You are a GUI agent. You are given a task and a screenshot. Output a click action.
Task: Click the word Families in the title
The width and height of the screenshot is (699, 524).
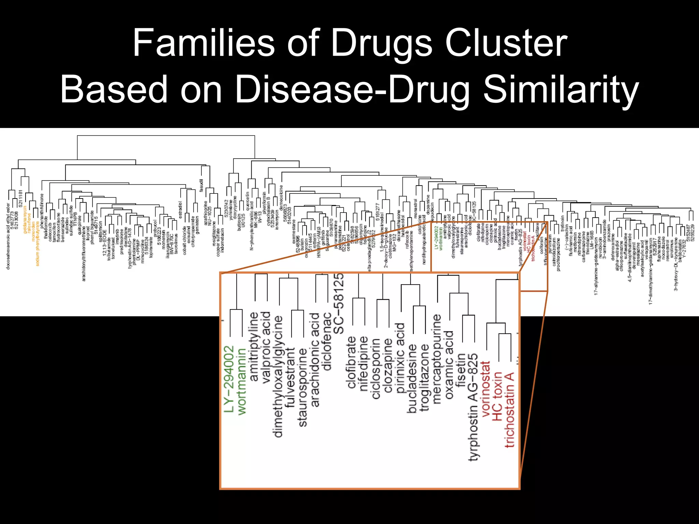click(x=203, y=43)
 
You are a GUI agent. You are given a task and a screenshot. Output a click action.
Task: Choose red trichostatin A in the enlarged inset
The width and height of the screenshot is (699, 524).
click(x=509, y=410)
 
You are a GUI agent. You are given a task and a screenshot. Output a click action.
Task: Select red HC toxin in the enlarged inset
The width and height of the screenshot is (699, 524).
click(x=497, y=396)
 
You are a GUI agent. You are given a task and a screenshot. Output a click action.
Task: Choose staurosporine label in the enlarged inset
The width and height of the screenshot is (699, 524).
click(x=303, y=387)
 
